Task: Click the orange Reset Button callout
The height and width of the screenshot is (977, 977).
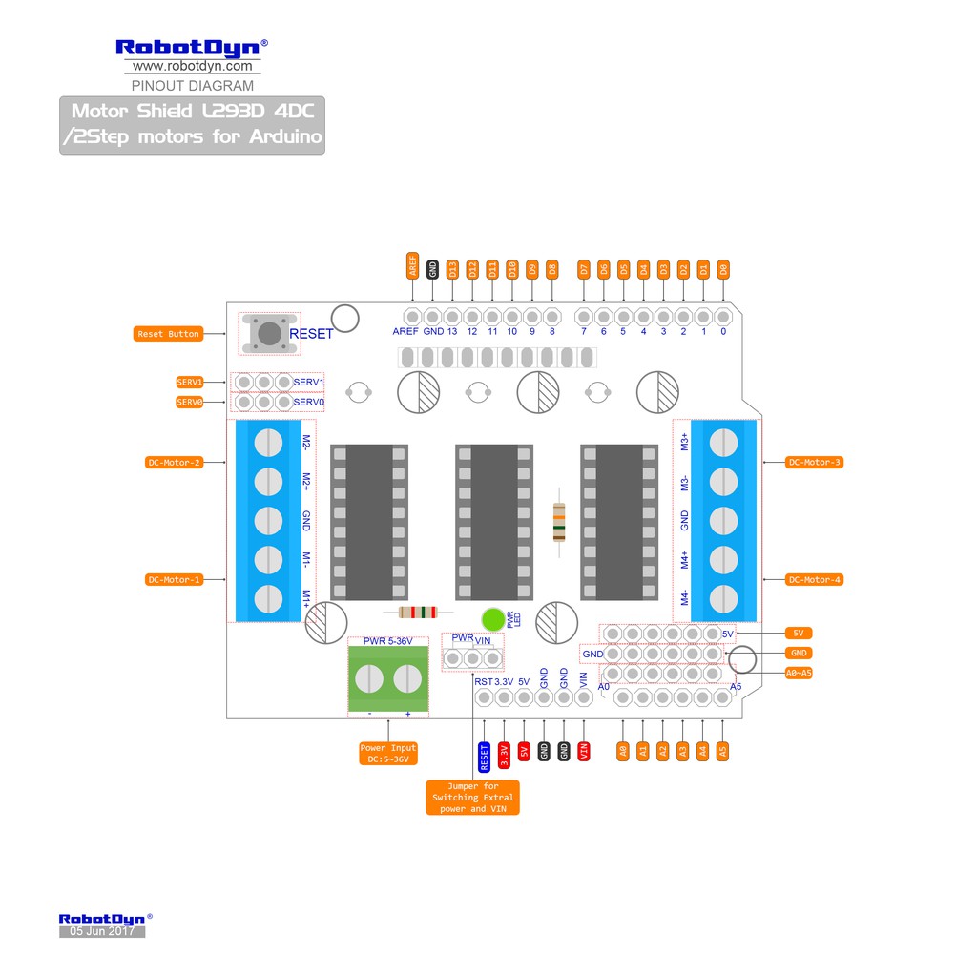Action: click(x=169, y=334)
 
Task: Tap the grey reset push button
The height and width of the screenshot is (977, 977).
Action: click(x=270, y=333)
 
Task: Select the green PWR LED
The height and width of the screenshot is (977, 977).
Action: click(x=493, y=619)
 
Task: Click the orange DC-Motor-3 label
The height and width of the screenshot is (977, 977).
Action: click(x=815, y=462)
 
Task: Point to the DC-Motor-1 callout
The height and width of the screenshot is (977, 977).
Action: click(x=175, y=579)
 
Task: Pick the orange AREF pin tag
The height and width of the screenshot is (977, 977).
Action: click(x=413, y=266)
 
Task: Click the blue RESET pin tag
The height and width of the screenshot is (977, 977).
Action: click(x=484, y=758)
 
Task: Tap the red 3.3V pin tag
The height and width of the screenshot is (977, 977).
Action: click(x=504, y=752)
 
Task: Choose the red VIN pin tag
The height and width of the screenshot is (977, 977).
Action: click(x=584, y=751)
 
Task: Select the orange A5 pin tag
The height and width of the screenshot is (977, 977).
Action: click(x=723, y=751)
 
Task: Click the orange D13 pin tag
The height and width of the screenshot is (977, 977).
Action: click(x=453, y=269)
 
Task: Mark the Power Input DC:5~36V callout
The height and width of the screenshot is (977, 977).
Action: click(x=388, y=753)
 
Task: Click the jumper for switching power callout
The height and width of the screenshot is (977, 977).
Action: click(x=473, y=797)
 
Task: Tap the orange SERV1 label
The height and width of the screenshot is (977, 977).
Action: click(x=190, y=382)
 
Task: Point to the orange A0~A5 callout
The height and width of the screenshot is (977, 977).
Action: click(x=799, y=673)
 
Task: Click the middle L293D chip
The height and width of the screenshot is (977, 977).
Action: click(x=494, y=522)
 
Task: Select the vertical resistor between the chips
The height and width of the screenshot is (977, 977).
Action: click(x=559, y=522)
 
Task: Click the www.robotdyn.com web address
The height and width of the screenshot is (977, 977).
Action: click(x=193, y=66)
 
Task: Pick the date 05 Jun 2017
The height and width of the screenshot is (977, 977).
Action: click(x=102, y=931)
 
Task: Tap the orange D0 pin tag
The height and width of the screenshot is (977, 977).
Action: click(x=724, y=269)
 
